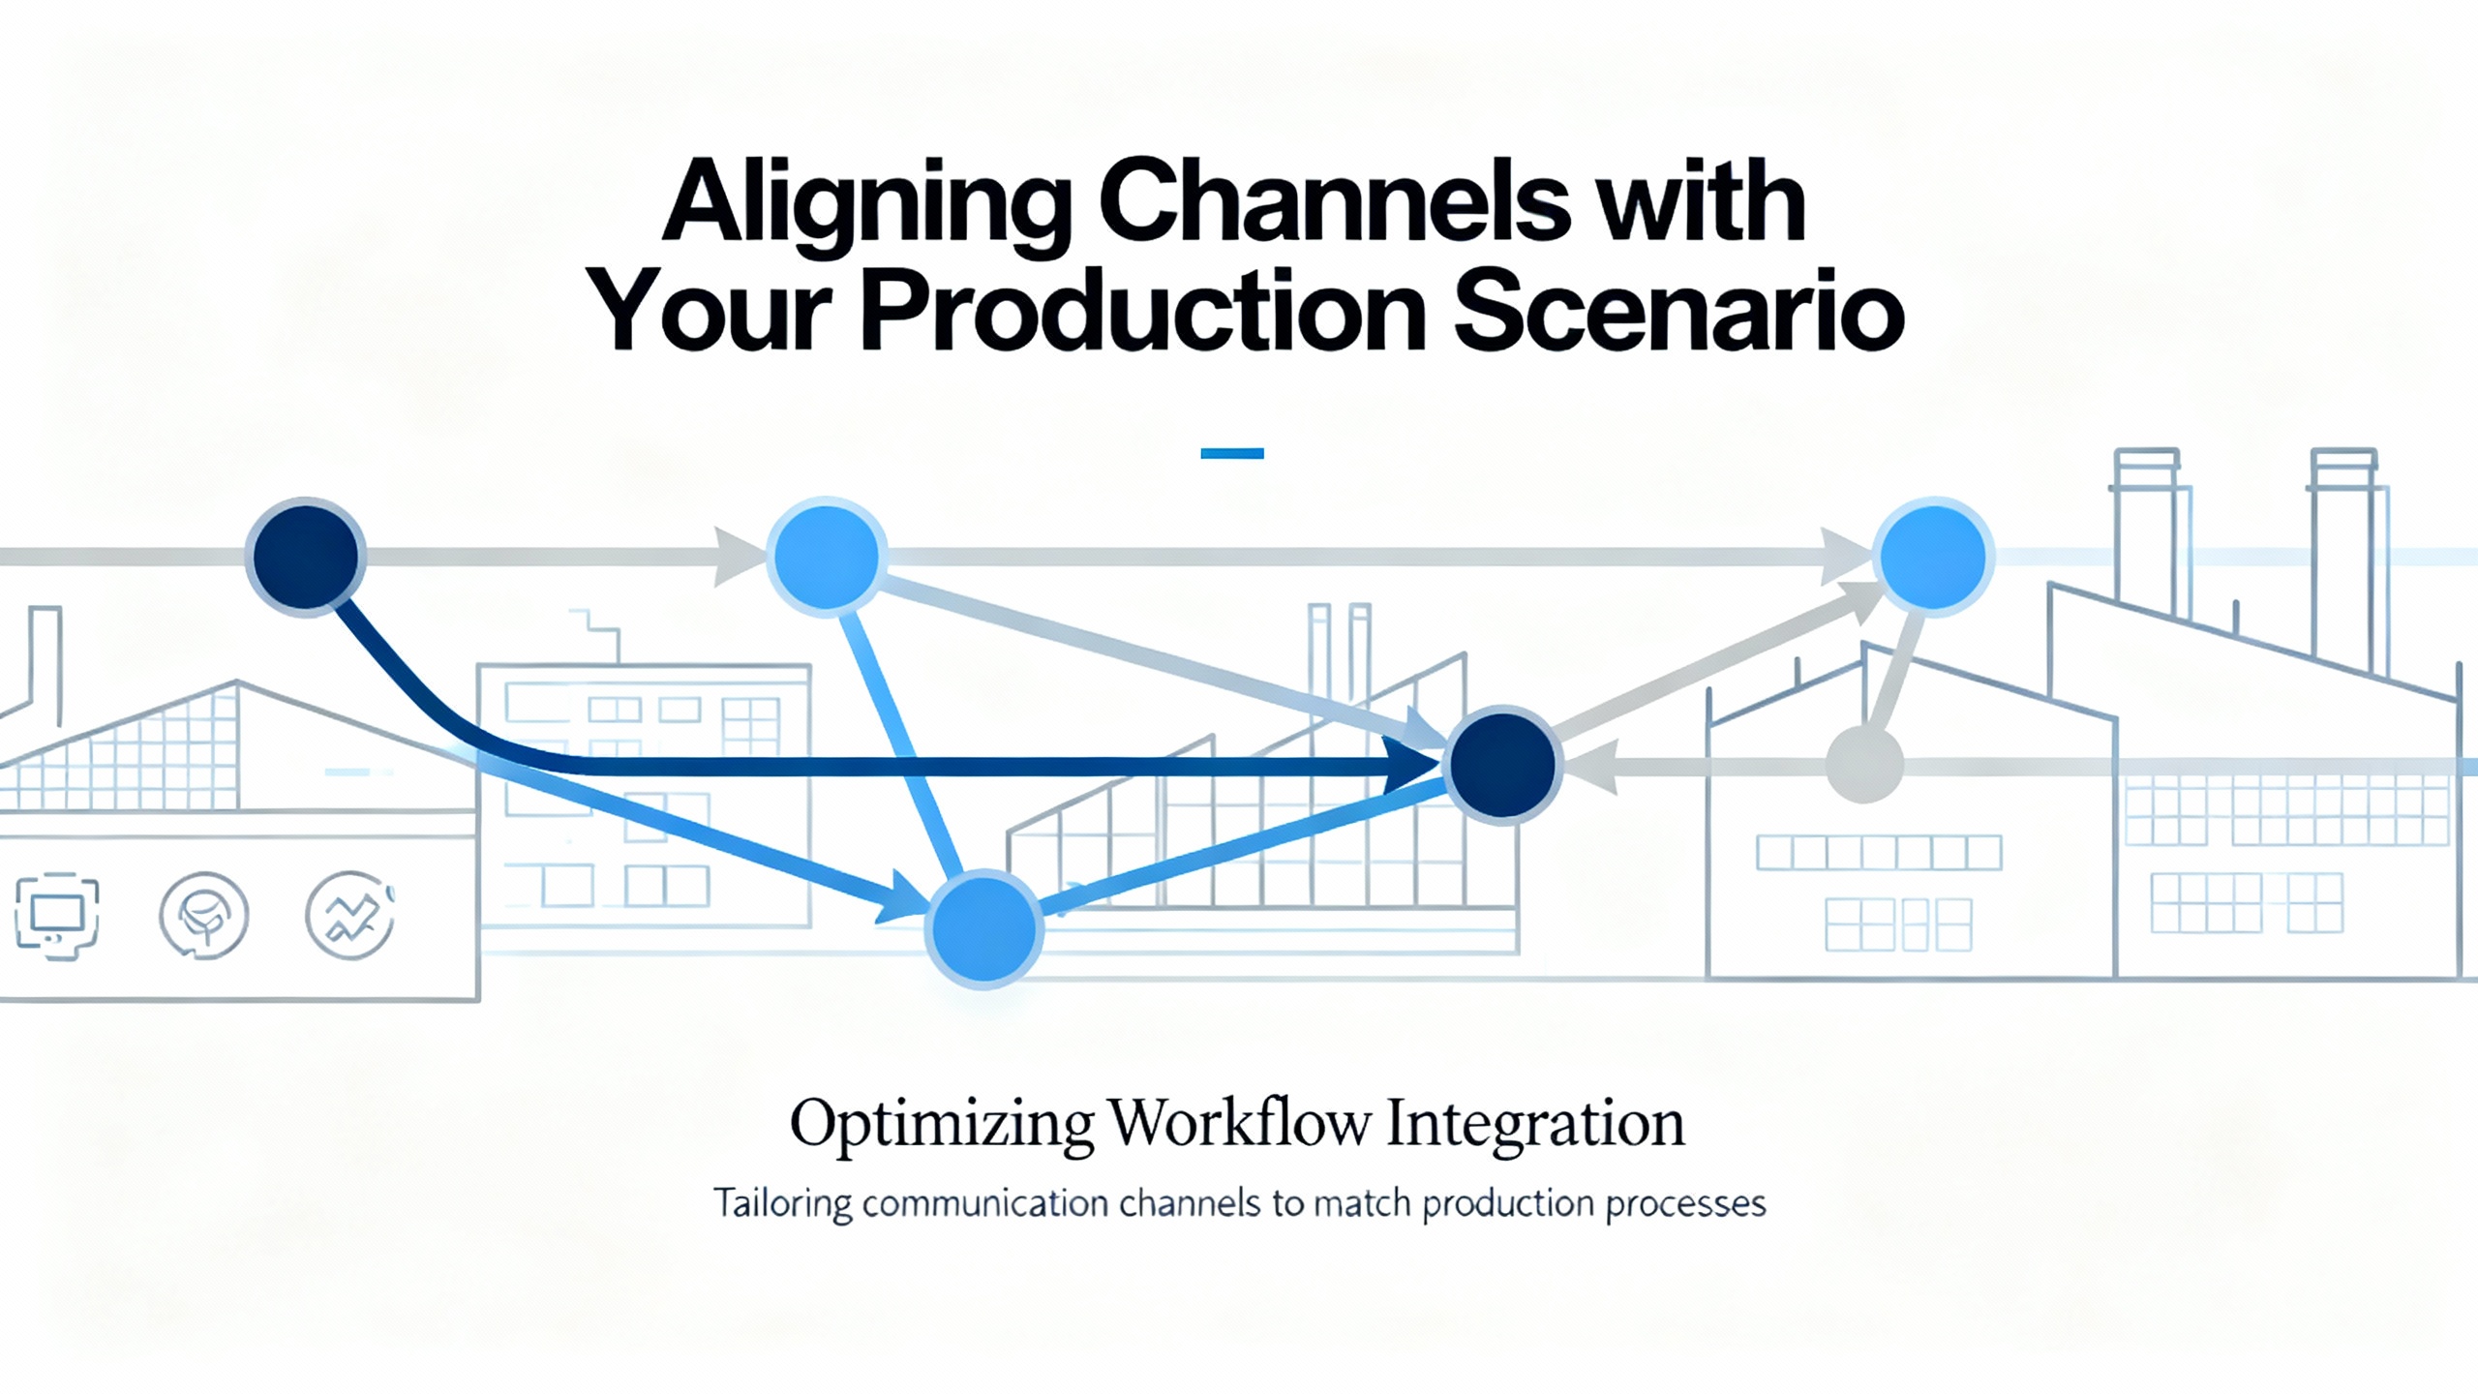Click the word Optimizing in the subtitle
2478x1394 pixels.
pos(942,1126)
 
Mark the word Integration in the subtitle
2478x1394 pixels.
pos(1536,1126)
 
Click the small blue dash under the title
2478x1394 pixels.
pos(1232,453)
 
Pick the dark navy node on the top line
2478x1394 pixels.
pos(305,557)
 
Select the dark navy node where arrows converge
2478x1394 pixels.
pos(1502,765)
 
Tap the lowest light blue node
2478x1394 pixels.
pos(983,928)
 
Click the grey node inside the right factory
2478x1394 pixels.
pos(1864,765)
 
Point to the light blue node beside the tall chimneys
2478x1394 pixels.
pos(1933,557)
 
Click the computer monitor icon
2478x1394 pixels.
pos(57,916)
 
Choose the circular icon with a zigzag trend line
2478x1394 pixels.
pos(349,916)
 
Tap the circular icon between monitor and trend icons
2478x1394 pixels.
pos(203,916)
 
